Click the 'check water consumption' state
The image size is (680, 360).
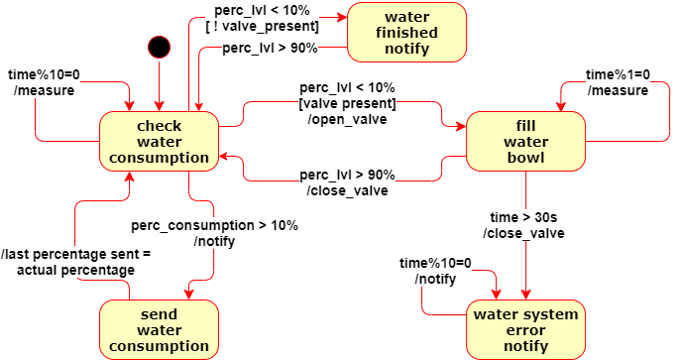(x=159, y=141)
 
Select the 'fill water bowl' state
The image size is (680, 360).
(x=524, y=141)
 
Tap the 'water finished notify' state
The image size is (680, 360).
(x=406, y=32)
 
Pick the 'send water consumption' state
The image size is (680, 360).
(x=159, y=330)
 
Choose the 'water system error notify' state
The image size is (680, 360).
(x=524, y=330)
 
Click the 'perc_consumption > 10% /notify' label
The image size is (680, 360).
(x=214, y=233)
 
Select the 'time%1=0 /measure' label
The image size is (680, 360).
(x=618, y=82)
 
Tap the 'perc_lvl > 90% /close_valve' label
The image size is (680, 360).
(x=347, y=183)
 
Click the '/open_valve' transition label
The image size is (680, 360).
(x=347, y=120)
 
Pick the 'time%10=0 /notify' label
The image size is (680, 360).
(x=435, y=271)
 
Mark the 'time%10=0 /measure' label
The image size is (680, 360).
(x=42, y=82)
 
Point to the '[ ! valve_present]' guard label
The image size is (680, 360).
(x=262, y=26)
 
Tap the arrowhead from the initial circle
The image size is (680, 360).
(x=159, y=105)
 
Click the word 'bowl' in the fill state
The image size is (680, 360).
(x=524, y=157)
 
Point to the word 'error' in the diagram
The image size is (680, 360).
(x=524, y=330)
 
